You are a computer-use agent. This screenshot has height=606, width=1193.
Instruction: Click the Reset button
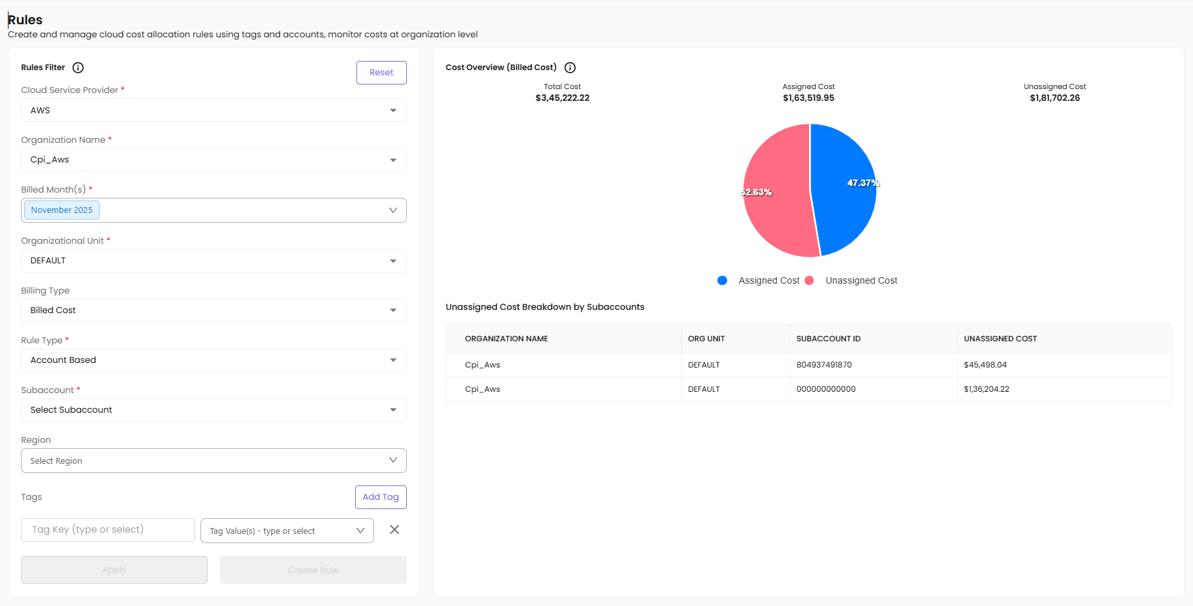(x=381, y=73)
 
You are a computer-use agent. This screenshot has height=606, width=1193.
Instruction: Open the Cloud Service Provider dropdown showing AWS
(x=214, y=111)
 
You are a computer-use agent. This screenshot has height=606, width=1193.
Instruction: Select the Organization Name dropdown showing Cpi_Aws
(x=214, y=160)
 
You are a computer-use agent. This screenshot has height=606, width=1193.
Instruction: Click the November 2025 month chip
(x=62, y=210)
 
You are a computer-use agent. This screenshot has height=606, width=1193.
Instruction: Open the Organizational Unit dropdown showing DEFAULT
(x=214, y=261)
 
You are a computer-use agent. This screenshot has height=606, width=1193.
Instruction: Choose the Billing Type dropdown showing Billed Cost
(x=214, y=311)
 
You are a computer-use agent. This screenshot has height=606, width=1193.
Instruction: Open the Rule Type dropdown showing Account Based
(x=214, y=360)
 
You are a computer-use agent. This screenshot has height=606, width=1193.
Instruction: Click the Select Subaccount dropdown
(x=214, y=410)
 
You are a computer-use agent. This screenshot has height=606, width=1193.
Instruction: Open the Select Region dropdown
(x=214, y=461)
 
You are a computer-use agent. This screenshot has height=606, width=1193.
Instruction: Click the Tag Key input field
(x=107, y=530)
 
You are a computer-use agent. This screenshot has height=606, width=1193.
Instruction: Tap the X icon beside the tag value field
(x=394, y=530)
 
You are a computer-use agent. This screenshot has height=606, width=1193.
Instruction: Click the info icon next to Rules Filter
(x=78, y=67)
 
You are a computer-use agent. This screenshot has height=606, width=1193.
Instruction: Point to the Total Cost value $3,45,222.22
(x=562, y=98)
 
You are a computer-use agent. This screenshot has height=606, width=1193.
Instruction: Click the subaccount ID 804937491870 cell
(x=824, y=365)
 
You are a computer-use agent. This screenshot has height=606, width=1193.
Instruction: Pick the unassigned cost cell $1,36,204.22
(x=986, y=389)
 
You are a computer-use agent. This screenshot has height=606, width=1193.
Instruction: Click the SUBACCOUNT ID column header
(x=828, y=339)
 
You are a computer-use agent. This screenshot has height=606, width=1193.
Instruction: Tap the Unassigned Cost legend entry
(x=861, y=280)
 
